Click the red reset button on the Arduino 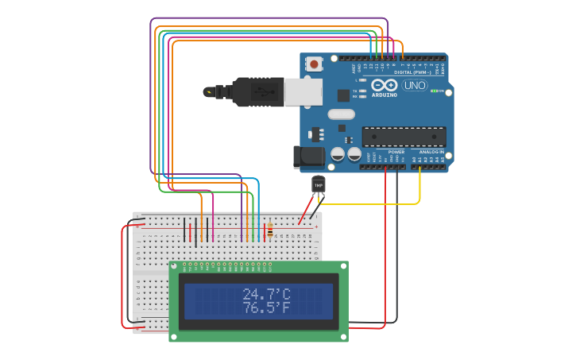click(x=315, y=64)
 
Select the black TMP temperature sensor click(x=319, y=185)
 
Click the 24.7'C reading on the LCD click(x=266, y=295)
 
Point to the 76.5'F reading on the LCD click(x=266, y=308)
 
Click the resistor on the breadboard click(x=269, y=230)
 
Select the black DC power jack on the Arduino click(x=306, y=157)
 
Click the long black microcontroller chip click(x=404, y=137)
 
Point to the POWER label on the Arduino click(x=396, y=151)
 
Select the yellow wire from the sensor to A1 click(x=373, y=204)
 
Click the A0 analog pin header click(x=415, y=166)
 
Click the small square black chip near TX click(x=343, y=95)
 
